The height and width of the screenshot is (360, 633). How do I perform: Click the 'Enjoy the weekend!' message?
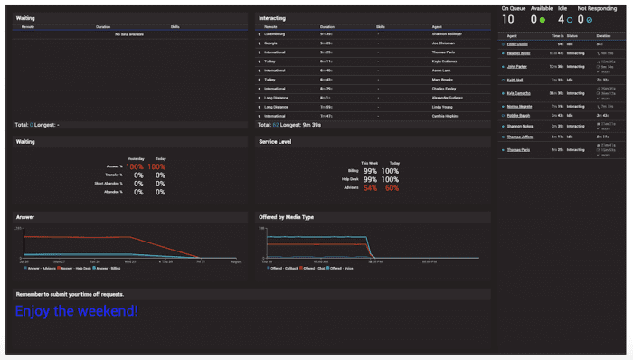click(x=77, y=311)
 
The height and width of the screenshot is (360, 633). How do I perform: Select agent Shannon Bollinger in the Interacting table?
click(x=448, y=33)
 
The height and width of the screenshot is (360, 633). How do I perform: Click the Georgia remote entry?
click(x=270, y=43)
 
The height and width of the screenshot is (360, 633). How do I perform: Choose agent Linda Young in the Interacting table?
click(x=443, y=107)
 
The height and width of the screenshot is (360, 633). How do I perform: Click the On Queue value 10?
click(x=507, y=19)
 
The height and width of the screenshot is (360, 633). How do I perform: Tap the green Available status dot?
click(x=543, y=19)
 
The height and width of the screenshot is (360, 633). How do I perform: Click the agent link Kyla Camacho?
click(x=520, y=92)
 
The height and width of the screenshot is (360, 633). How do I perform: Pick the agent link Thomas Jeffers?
click(x=520, y=137)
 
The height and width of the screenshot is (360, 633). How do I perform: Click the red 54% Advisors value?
click(x=370, y=187)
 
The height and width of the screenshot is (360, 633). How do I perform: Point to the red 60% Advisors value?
click(x=392, y=187)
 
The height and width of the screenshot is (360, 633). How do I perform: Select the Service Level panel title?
click(x=275, y=142)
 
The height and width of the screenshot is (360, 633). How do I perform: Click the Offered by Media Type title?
click(x=286, y=217)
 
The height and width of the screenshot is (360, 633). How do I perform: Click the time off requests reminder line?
click(x=71, y=294)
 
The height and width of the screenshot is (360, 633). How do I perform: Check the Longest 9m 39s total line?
click(x=290, y=125)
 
